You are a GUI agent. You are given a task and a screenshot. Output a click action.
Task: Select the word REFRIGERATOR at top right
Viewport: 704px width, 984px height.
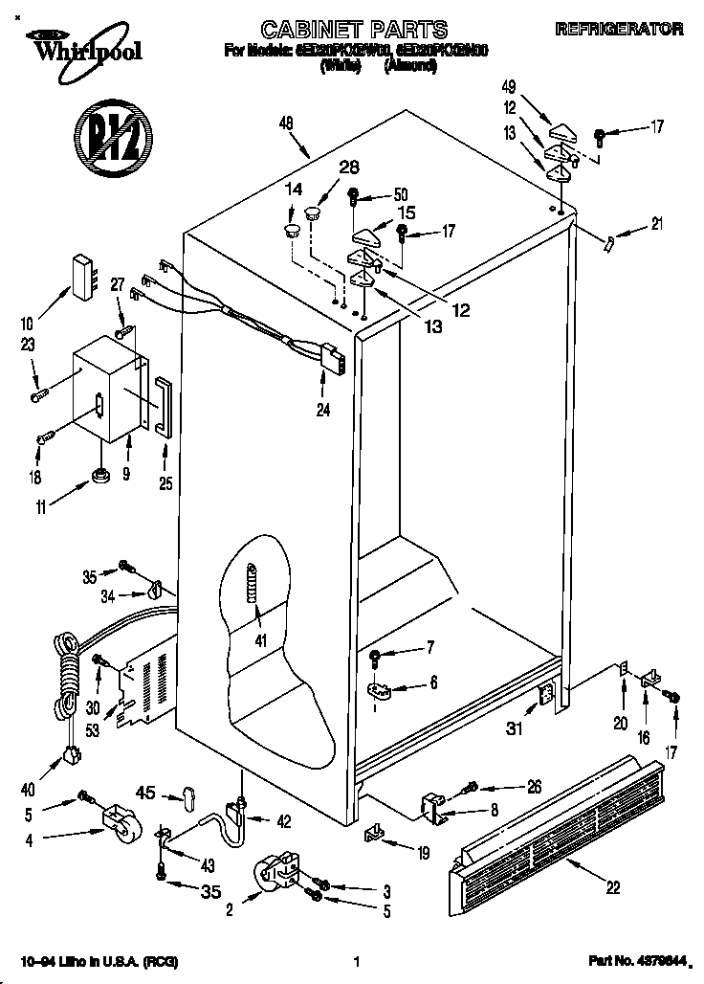click(620, 30)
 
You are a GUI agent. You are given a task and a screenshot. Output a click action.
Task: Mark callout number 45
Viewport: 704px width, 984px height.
click(147, 792)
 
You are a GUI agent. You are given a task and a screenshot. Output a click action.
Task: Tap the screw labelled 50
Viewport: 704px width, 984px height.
click(354, 198)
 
